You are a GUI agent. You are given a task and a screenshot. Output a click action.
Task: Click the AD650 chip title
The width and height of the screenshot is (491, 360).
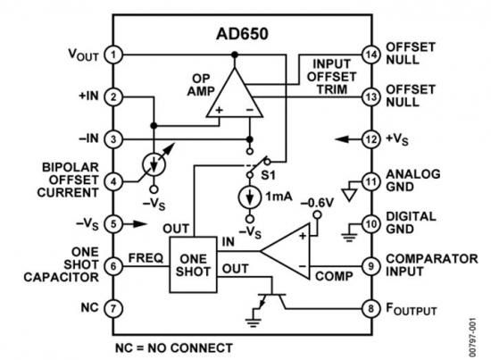click(242, 34)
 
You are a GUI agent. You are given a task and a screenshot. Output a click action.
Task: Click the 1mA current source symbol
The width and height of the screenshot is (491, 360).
click(250, 197)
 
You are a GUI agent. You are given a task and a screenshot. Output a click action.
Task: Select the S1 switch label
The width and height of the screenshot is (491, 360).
click(269, 175)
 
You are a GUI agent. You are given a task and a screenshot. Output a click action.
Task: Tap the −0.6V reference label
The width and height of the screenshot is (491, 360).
click(317, 203)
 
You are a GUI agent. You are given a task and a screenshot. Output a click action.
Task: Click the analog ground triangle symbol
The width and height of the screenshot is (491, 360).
click(349, 195)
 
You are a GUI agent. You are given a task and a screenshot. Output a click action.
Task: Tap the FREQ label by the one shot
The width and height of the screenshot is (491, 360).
click(146, 258)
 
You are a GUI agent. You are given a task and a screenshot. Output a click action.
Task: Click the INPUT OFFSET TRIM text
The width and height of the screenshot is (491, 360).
click(331, 77)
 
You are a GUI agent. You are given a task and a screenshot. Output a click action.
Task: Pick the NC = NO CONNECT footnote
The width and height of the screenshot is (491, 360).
click(174, 348)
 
